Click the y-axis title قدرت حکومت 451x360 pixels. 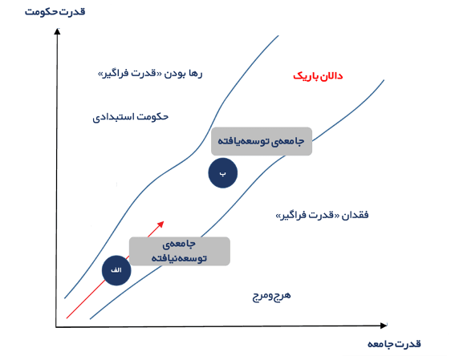pos(55,12)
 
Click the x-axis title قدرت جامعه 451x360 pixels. pos(394,344)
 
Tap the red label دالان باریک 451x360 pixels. pos(318,76)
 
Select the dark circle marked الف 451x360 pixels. pos(116,270)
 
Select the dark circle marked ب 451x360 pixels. pos(223,173)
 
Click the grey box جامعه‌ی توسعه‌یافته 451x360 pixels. pos(262,141)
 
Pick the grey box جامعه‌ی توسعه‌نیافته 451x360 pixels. pos(180,251)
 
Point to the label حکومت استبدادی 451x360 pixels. pos(130,117)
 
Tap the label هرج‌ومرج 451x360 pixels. pos(271,296)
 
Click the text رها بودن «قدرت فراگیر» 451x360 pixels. pos(150,74)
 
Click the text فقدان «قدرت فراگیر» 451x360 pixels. pos(322,215)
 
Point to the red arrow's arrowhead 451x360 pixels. pos(161,224)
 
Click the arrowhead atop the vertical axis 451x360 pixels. pos(58,31)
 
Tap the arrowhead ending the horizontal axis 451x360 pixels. pos(384,326)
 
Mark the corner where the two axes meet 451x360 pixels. pos(56,326)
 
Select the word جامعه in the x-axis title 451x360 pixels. pos(380,344)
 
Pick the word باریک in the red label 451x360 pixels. pos(305,76)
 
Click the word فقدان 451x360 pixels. pos(355,215)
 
